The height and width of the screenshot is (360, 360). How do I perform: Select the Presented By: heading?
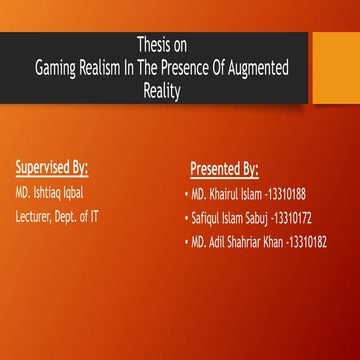[224, 166]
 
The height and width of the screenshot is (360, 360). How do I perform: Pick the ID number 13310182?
[306, 241]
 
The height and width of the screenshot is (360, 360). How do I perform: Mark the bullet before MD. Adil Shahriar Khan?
[186, 241]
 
